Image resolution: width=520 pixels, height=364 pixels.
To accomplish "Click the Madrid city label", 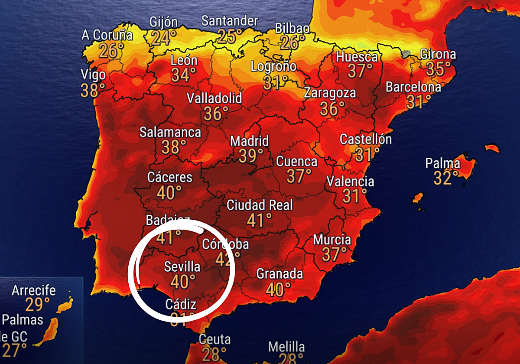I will point(249,141).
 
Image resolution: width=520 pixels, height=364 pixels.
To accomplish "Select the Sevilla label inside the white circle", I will point(182,266).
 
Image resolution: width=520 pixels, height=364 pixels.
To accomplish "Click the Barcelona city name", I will point(413,87).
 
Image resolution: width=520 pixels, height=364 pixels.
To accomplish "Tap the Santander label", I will point(230,21).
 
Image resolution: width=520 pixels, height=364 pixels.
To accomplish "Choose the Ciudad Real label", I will point(260,205).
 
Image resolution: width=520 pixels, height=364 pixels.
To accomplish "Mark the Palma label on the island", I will point(442,163).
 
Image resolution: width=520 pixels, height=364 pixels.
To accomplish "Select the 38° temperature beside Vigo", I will point(93,90).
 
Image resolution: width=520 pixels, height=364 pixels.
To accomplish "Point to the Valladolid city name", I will point(214,98).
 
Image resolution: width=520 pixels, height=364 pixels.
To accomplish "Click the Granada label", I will point(279,274).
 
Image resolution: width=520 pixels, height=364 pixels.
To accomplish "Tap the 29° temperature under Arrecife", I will point(34,305).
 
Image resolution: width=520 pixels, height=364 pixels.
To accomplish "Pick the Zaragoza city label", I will point(330,93).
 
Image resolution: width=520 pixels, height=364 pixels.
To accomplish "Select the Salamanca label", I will point(170,132).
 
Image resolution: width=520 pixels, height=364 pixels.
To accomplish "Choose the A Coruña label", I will point(107,35).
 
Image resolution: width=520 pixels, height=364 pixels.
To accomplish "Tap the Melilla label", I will point(286,347).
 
